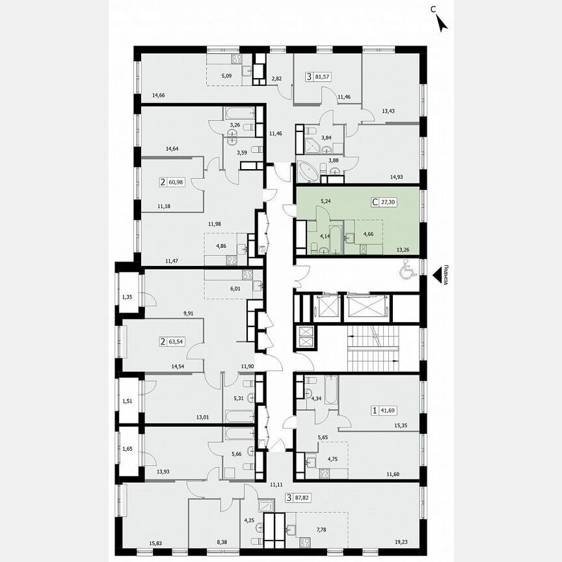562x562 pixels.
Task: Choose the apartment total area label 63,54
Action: [x=176, y=340]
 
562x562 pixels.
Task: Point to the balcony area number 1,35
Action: [x=128, y=298]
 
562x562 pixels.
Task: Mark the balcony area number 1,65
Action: [x=128, y=449]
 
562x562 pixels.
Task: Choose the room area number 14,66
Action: [x=159, y=96]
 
